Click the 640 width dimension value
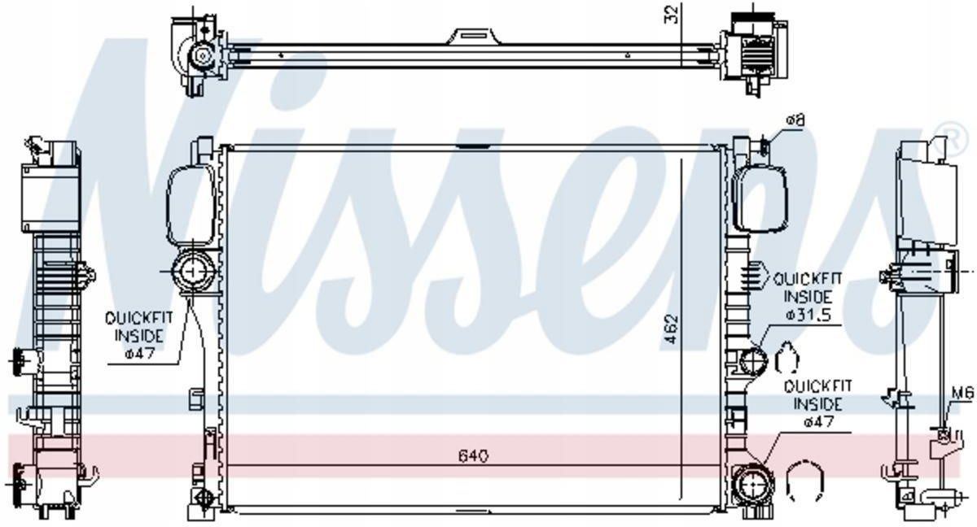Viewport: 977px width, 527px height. (473, 456)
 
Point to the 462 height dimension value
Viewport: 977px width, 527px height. (673, 329)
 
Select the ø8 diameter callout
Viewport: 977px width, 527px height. (795, 120)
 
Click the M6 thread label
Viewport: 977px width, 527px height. (962, 394)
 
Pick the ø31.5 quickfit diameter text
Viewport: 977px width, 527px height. (808, 315)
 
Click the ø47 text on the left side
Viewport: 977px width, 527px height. (139, 353)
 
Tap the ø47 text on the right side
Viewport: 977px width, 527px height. (819, 421)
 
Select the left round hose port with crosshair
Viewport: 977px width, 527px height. (192, 272)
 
